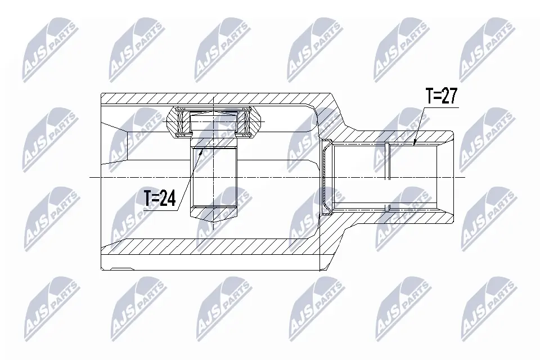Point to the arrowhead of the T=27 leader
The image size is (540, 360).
pos(414,144)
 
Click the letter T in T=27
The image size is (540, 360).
pos(429,97)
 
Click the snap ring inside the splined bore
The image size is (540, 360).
pos(388,162)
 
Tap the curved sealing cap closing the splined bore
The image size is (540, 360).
pos(326,177)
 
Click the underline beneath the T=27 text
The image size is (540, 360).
pos(442,106)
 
